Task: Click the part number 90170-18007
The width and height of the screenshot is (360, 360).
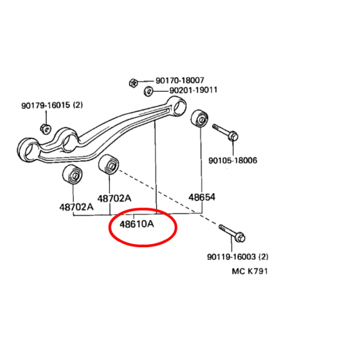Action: click(180, 80)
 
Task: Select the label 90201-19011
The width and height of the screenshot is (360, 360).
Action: click(193, 90)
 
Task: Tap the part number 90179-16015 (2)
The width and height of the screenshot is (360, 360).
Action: click(52, 106)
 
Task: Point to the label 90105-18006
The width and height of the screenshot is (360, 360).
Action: click(233, 160)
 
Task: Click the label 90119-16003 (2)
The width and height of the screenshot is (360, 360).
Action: click(238, 257)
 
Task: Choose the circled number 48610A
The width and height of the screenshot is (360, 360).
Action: click(137, 224)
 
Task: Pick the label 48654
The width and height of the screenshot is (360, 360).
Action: click(202, 197)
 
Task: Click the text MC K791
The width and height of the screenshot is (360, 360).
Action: click(250, 271)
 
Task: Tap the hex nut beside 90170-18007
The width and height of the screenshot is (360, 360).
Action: click(133, 83)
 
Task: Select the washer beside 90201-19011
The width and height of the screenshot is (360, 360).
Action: click(148, 91)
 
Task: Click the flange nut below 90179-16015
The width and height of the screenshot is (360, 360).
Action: click(46, 129)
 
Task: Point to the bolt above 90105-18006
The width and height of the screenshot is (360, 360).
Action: click(225, 133)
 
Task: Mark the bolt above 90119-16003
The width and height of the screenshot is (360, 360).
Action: click(232, 233)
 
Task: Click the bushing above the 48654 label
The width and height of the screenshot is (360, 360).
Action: click(199, 118)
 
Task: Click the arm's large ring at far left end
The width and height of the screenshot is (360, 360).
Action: click(28, 150)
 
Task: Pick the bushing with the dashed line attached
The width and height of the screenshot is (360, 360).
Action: click(109, 164)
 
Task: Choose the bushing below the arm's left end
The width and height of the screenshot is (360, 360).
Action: click(73, 175)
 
